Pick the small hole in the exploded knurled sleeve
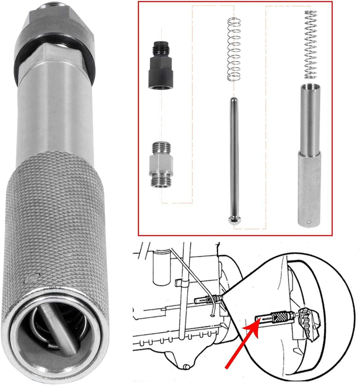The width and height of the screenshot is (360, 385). (x=308, y=222)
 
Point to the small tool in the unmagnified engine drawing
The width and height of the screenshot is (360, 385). (x=207, y=299)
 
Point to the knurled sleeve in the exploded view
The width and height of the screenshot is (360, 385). (x=310, y=188)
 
